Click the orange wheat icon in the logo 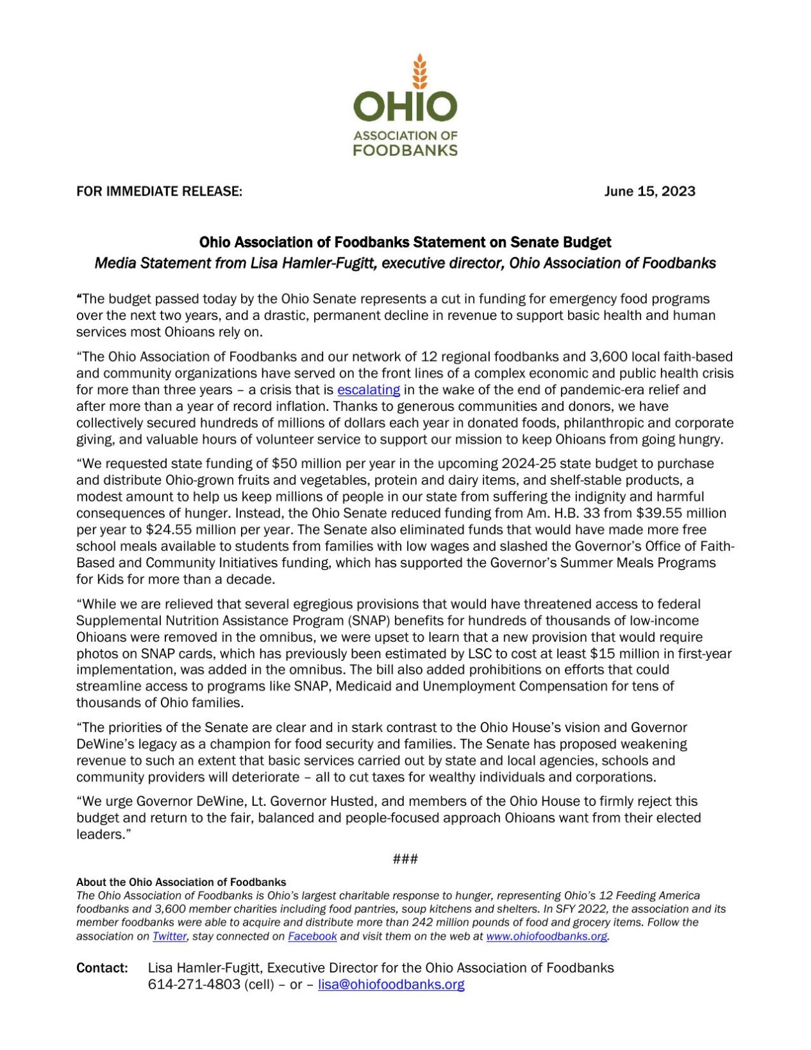[x=419, y=71]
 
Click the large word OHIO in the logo [x=405, y=106]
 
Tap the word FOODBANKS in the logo [x=405, y=150]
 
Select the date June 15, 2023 [x=649, y=191]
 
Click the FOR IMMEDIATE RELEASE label [x=159, y=191]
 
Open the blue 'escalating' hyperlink [x=369, y=390]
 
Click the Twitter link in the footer [x=169, y=936]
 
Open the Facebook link [x=312, y=936]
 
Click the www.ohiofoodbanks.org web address [x=546, y=936]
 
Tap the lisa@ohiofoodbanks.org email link [x=391, y=984]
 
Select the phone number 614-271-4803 [x=194, y=984]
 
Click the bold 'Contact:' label [x=103, y=967]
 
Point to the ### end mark [x=405, y=858]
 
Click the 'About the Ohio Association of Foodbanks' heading [x=181, y=882]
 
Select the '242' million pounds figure [x=380, y=922]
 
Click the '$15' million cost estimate [x=601, y=654]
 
